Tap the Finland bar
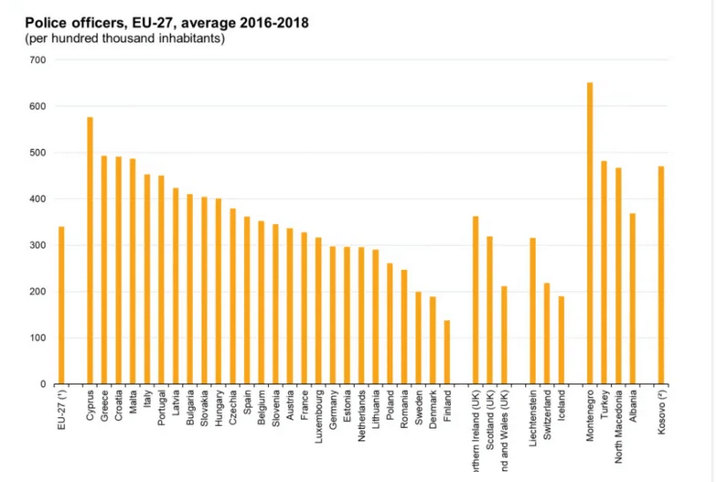coord(447,352)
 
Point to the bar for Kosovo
coord(661,275)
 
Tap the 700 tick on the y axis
coord(38,60)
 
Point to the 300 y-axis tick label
coord(38,246)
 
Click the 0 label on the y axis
coord(44,385)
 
